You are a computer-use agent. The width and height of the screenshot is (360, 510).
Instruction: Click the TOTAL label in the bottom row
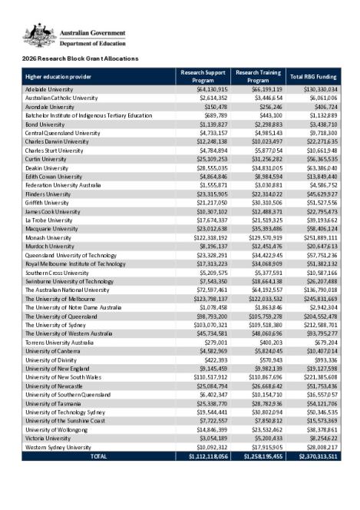pyautogui.click(x=99, y=455)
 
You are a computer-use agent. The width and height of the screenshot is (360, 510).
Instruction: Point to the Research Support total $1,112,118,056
pyautogui.click(x=203, y=455)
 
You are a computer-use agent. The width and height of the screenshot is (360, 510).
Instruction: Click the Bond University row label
pyautogui.click(x=45, y=124)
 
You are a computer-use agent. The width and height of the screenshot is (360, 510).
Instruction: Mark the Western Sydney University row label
pyautogui.click(x=58, y=447)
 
